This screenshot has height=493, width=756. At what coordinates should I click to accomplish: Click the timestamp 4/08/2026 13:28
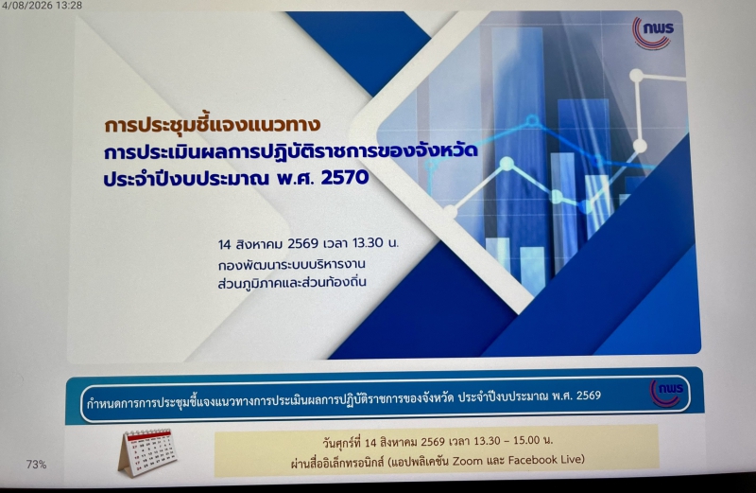(x=42, y=6)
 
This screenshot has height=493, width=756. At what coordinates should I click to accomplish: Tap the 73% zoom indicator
(x=36, y=465)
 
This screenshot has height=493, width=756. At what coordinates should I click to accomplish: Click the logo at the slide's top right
(x=652, y=32)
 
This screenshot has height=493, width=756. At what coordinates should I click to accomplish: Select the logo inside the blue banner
(x=666, y=393)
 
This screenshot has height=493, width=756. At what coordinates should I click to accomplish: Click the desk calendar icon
(x=146, y=452)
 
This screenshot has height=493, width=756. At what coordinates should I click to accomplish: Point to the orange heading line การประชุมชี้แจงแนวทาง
(x=212, y=124)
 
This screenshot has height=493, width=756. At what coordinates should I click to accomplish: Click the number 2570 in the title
(x=345, y=178)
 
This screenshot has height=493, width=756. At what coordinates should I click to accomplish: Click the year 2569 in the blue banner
(x=589, y=396)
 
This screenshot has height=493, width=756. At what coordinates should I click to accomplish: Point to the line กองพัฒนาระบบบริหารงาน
(x=291, y=265)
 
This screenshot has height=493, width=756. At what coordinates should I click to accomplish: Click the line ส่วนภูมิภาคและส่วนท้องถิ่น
(x=292, y=282)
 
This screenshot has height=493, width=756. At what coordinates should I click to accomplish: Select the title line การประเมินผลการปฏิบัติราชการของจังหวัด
(x=291, y=151)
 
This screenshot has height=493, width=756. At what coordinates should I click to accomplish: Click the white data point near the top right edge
(x=636, y=76)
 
